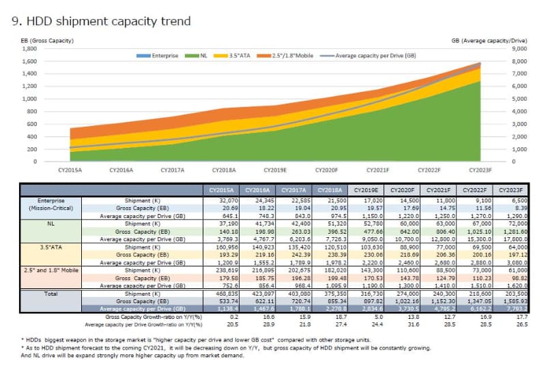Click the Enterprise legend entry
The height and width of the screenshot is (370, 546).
(164, 55)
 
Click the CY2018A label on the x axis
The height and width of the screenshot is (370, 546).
(224, 170)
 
